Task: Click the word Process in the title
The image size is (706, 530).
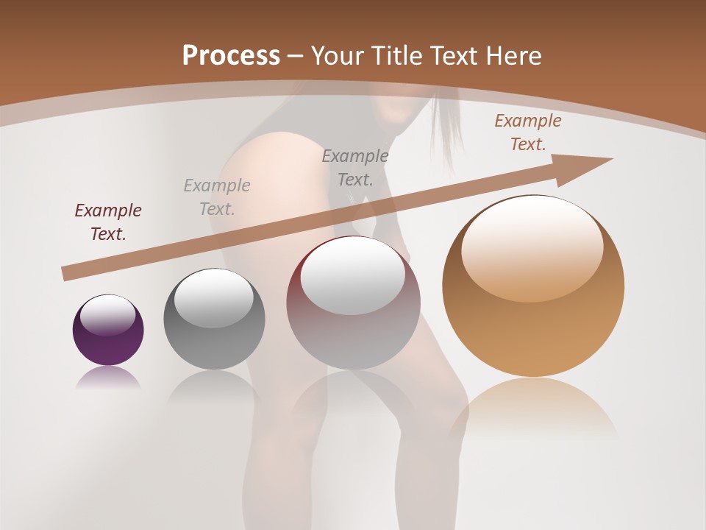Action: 231,56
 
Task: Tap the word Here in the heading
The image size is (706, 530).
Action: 513,56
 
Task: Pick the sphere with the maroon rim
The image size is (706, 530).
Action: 353,324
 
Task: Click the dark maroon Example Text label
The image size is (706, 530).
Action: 108,222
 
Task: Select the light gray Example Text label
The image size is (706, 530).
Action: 217,197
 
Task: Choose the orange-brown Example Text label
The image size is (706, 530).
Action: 528,132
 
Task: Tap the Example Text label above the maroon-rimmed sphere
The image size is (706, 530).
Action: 355,168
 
